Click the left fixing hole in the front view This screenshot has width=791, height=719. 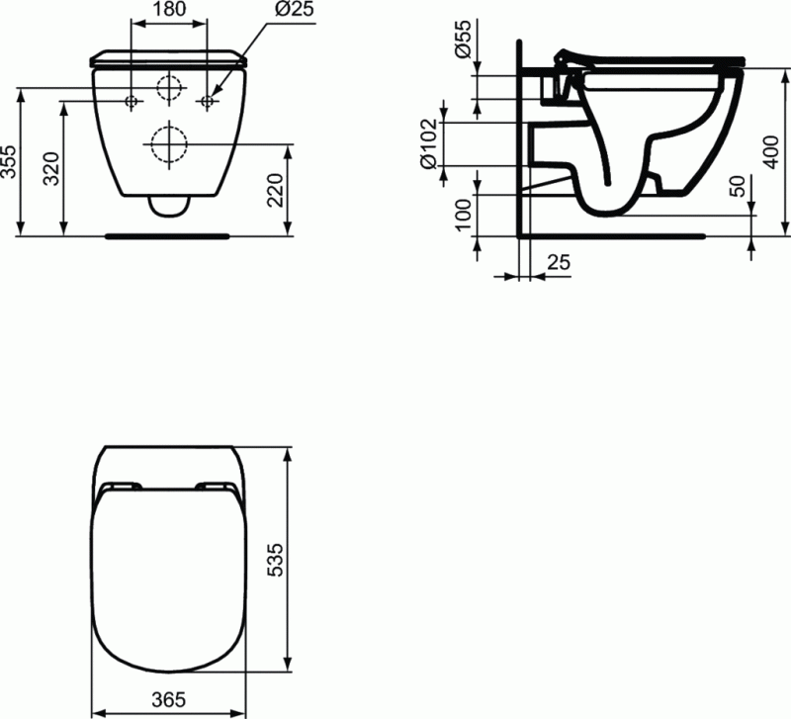pyautogui.click(x=132, y=101)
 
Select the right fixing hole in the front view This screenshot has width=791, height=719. pyautogui.click(x=208, y=101)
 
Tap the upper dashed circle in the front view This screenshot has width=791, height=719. pyautogui.click(x=170, y=88)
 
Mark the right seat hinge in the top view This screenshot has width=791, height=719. pyautogui.click(x=217, y=486)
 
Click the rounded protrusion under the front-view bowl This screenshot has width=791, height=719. pyautogui.click(x=170, y=206)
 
